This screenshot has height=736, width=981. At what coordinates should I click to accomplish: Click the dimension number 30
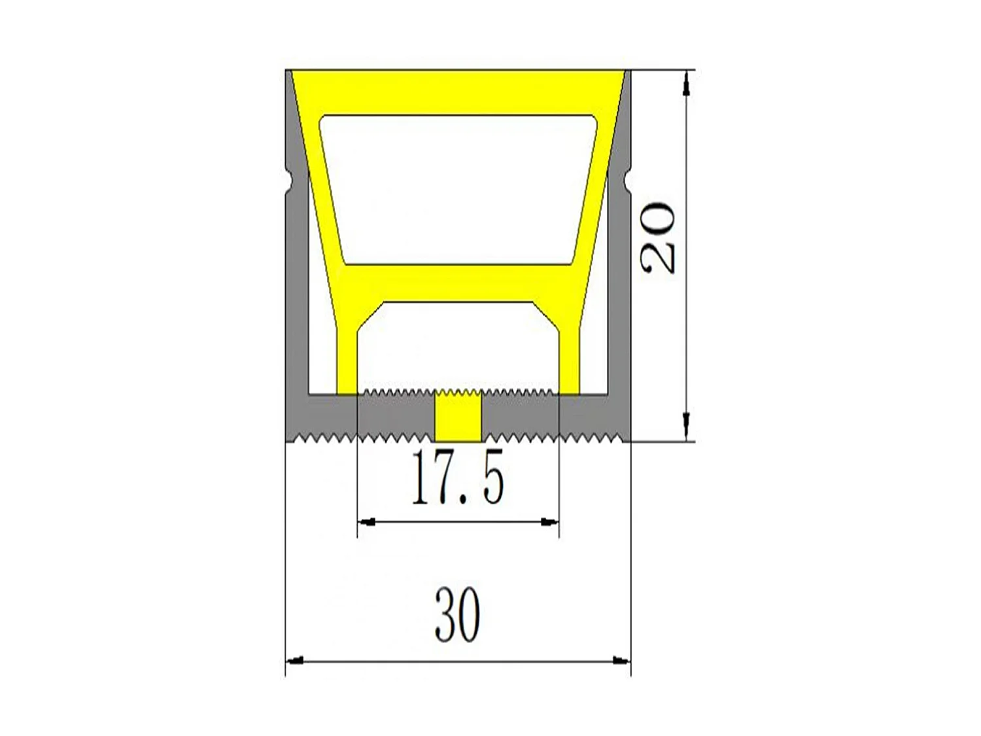458,616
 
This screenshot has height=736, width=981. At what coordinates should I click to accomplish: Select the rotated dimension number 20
659,237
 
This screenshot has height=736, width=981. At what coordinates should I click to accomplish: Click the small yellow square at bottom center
458,417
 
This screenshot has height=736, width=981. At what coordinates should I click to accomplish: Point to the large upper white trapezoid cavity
458,190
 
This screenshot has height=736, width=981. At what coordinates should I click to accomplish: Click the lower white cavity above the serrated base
458,347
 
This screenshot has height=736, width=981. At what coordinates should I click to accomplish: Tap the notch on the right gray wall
627,179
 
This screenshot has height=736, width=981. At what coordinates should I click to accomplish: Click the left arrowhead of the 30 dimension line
296,661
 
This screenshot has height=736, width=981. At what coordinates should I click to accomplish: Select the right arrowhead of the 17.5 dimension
549,521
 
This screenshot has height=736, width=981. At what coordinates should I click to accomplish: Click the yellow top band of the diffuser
458,92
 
